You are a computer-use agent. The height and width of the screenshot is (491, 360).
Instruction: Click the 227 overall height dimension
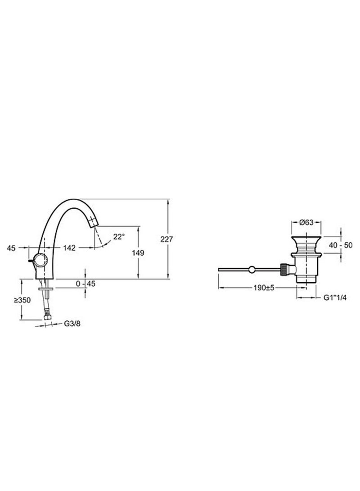point(166,239)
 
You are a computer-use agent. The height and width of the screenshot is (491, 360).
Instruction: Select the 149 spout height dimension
point(138,253)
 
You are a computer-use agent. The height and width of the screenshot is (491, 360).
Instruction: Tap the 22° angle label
point(119,237)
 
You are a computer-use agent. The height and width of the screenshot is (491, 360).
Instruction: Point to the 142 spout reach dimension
point(69,248)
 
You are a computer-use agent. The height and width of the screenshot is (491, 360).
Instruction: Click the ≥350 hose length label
point(22,300)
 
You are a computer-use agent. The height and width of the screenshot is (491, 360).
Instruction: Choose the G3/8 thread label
point(72,324)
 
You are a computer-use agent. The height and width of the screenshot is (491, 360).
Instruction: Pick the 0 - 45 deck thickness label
point(86,284)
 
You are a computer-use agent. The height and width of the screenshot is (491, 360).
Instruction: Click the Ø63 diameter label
point(306,222)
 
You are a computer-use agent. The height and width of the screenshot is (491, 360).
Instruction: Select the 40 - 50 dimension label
point(341,245)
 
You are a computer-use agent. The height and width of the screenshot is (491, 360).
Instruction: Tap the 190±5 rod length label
point(264,288)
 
